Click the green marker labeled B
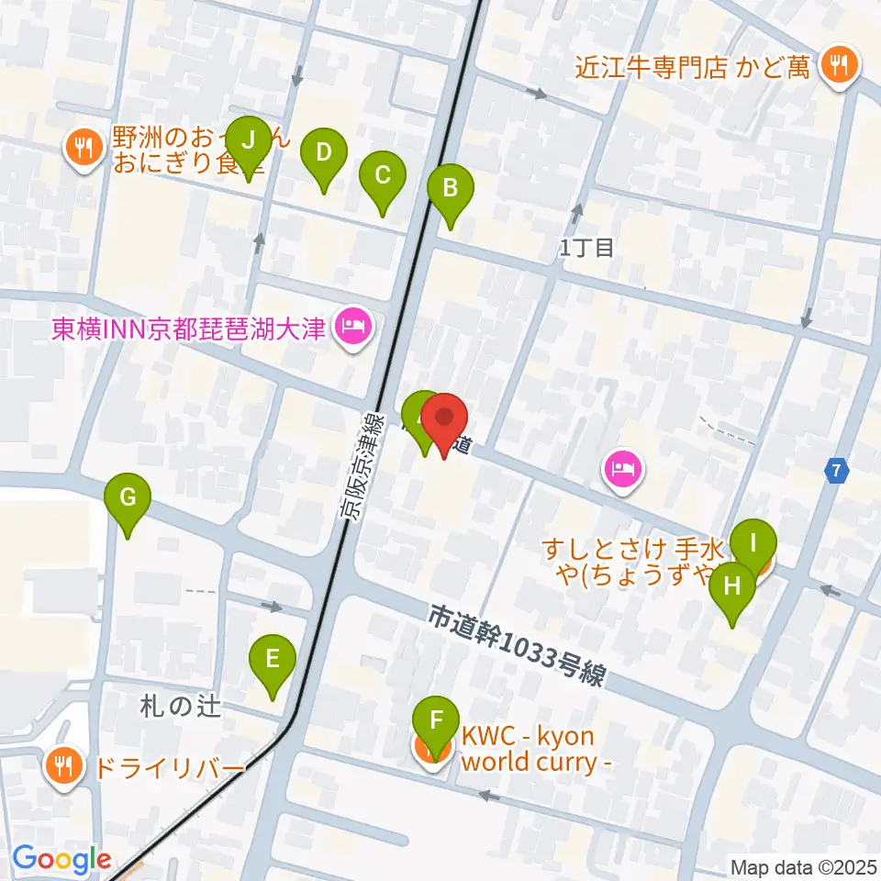coord(451,189)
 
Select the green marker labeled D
coord(323,153)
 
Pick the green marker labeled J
coord(249,142)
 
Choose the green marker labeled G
coord(128,499)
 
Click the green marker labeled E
coord(273,660)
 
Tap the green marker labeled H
coord(732,588)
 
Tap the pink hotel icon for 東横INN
coord(351,326)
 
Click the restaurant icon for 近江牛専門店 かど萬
coord(837,65)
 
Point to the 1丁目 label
coord(586,247)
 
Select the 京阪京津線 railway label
coord(360,465)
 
